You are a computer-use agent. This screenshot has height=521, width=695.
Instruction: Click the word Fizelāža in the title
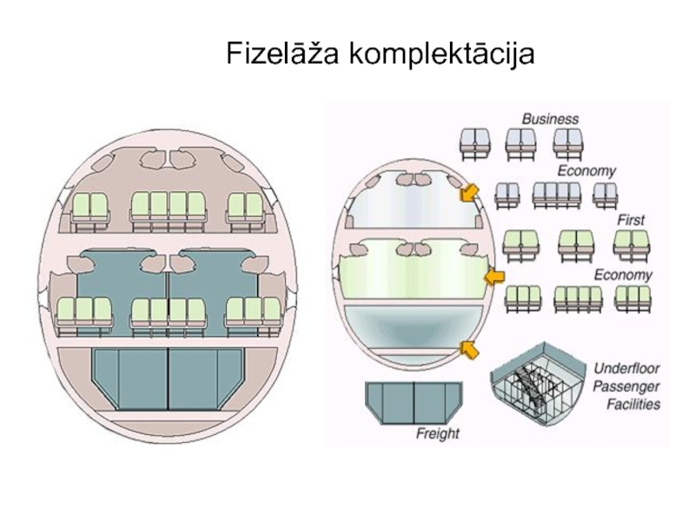point(284,54)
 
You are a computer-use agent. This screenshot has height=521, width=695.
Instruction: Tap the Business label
point(549,118)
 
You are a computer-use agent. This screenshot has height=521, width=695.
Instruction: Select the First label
point(631,220)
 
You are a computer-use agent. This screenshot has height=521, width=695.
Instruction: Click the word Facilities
point(628,404)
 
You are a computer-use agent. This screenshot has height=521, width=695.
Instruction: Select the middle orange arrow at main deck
point(493,277)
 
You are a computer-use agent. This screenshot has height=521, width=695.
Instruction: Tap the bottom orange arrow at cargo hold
point(469,350)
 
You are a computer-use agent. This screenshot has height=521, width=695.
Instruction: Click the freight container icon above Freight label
point(414,402)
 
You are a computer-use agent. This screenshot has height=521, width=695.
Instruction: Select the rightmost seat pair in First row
point(632,245)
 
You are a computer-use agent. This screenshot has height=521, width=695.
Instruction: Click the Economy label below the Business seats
point(587,171)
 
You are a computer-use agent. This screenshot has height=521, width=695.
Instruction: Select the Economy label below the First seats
point(622,275)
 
